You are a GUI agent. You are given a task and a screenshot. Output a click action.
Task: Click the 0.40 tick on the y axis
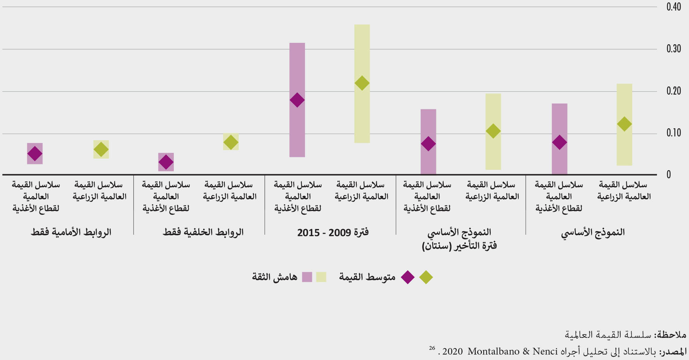[x=673, y=7]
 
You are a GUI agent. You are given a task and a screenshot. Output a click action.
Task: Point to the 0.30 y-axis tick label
[x=673, y=49]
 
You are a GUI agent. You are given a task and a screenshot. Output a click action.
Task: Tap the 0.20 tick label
[x=673, y=91]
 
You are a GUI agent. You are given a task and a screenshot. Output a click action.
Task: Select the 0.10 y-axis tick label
[x=673, y=133]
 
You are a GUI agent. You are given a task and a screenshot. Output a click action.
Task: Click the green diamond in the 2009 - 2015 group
[x=362, y=83]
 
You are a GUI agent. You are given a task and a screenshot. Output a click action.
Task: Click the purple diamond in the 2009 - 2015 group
[x=297, y=100]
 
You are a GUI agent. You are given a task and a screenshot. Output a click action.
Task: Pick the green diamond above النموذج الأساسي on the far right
[x=624, y=124]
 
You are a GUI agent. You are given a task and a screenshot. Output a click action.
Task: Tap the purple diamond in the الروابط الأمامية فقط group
[x=35, y=153]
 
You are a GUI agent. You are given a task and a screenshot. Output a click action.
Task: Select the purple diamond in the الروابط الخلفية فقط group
[x=166, y=162]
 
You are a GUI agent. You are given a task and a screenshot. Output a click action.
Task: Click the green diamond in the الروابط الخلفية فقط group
[x=231, y=142]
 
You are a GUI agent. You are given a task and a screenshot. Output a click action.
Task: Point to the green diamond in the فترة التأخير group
[x=493, y=131]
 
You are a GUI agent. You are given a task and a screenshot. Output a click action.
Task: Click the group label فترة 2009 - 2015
[x=333, y=232]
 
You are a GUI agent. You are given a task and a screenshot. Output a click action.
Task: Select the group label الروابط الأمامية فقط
[x=71, y=232]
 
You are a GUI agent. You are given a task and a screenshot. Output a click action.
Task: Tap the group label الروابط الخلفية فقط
[x=203, y=232]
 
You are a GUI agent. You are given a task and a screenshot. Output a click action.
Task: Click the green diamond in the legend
[x=426, y=277]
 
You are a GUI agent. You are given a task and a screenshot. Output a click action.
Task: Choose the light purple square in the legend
[x=307, y=277]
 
